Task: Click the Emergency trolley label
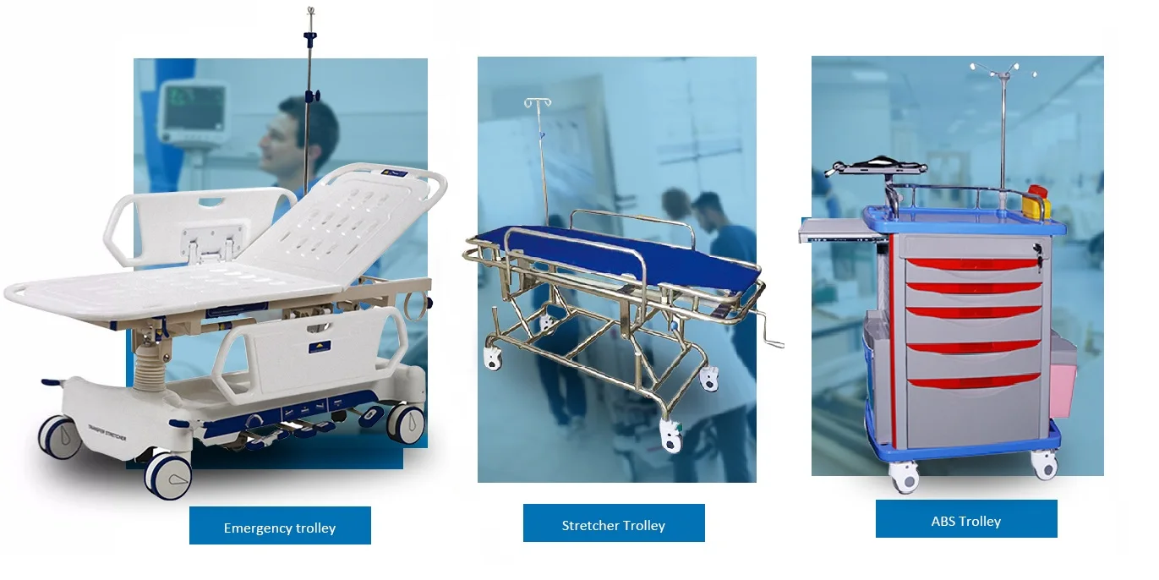[280, 528]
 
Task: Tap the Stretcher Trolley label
[614, 525]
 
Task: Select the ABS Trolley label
[966, 521]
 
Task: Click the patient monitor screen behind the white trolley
[195, 108]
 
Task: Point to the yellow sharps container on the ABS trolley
[1036, 202]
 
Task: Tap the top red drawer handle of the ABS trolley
[974, 264]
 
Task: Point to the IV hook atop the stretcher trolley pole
[538, 102]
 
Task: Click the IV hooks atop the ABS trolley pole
[1003, 71]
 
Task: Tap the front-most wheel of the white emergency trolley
[168, 475]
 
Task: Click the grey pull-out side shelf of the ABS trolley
[845, 230]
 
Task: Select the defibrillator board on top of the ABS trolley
[874, 167]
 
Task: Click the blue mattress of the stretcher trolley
[621, 257]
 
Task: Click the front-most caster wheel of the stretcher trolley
[671, 435]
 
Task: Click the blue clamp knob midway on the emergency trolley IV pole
[311, 96]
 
